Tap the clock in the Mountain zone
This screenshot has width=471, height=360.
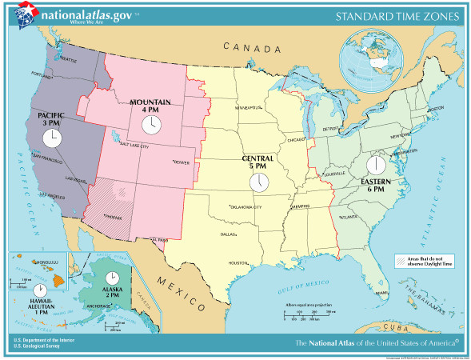pos(150,124)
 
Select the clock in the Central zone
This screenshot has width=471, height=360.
pos(259,182)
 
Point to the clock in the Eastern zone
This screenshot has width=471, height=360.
pos(375,166)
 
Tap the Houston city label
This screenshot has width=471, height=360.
pos(238,262)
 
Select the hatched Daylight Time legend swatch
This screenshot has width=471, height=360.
pos(402,260)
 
